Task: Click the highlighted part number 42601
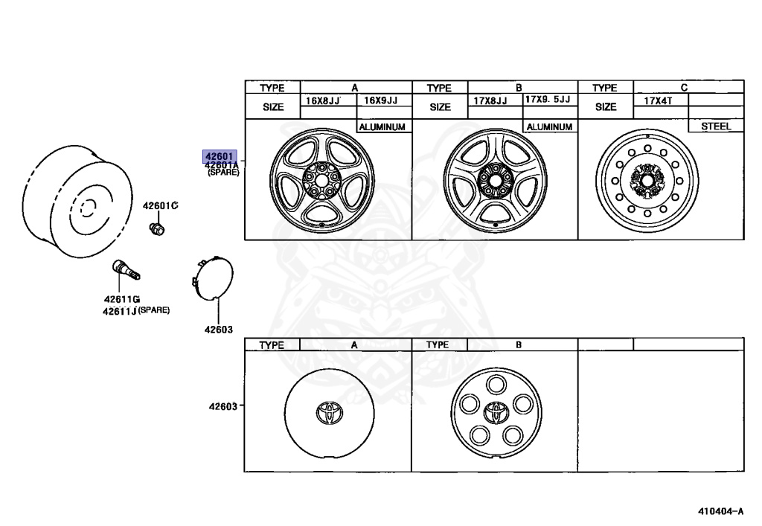point(220,156)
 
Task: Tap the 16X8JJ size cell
point(323,100)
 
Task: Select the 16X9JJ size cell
point(380,100)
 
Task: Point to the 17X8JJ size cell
point(490,100)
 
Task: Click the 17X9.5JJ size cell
point(548,99)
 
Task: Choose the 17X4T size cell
point(658,100)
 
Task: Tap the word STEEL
point(716,126)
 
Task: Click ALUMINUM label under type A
point(382,126)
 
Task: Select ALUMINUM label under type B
point(549,126)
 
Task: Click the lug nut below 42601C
point(156,228)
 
